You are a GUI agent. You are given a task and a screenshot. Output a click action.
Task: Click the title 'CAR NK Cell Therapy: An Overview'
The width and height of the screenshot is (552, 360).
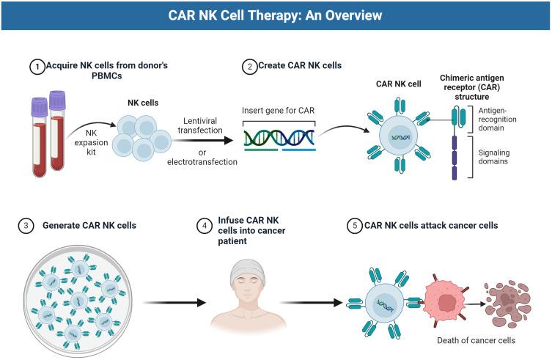[x=276, y=15]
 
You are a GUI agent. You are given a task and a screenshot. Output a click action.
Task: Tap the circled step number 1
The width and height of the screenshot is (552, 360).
[x=36, y=66]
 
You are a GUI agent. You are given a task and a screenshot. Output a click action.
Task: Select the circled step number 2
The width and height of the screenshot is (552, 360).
[x=249, y=66]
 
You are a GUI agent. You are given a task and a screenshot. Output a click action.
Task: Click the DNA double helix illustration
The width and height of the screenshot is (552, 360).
[x=279, y=137]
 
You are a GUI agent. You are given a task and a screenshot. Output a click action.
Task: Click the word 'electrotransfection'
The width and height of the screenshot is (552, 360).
[x=202, y=161]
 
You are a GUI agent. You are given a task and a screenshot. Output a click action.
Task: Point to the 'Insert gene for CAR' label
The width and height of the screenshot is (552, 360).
[x=278, y=109]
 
